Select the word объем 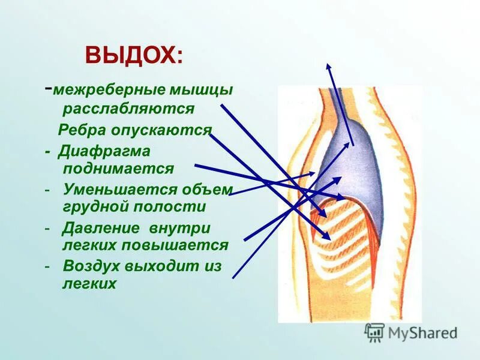tap(207, 190)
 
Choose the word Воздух tap(91, 266)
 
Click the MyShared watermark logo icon tap(374, 332)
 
